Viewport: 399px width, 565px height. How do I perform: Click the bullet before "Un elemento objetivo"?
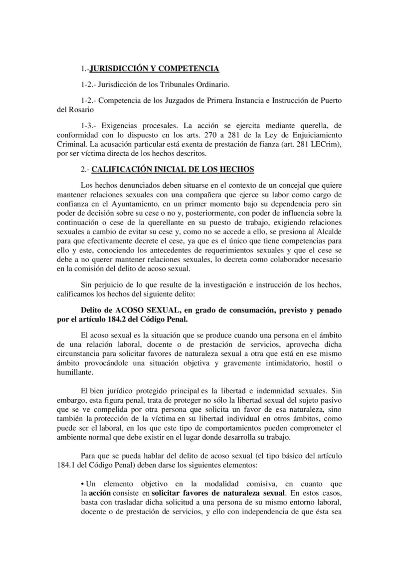(83, 480)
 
